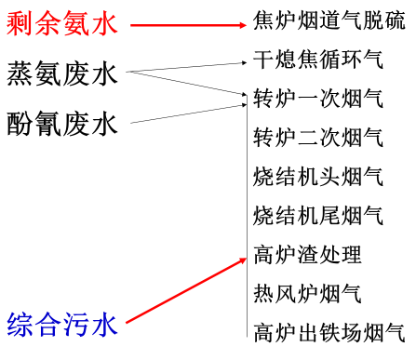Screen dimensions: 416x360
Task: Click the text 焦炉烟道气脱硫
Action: click(329, 20)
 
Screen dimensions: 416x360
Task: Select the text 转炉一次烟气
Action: click(318, 98)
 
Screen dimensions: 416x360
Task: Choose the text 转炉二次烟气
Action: click(318, 138)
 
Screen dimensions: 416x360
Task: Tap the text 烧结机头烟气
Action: click(318, 176)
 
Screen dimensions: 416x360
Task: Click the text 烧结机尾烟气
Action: click(318, 215)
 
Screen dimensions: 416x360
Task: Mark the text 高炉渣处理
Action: click(308, 253)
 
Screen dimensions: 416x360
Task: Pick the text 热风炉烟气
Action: click(308, 293)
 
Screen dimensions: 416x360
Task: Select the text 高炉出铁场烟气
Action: click(329, 330)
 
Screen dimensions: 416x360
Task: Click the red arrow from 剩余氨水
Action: click(186, 24)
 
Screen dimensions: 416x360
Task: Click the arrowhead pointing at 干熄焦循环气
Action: click(245, 62)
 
